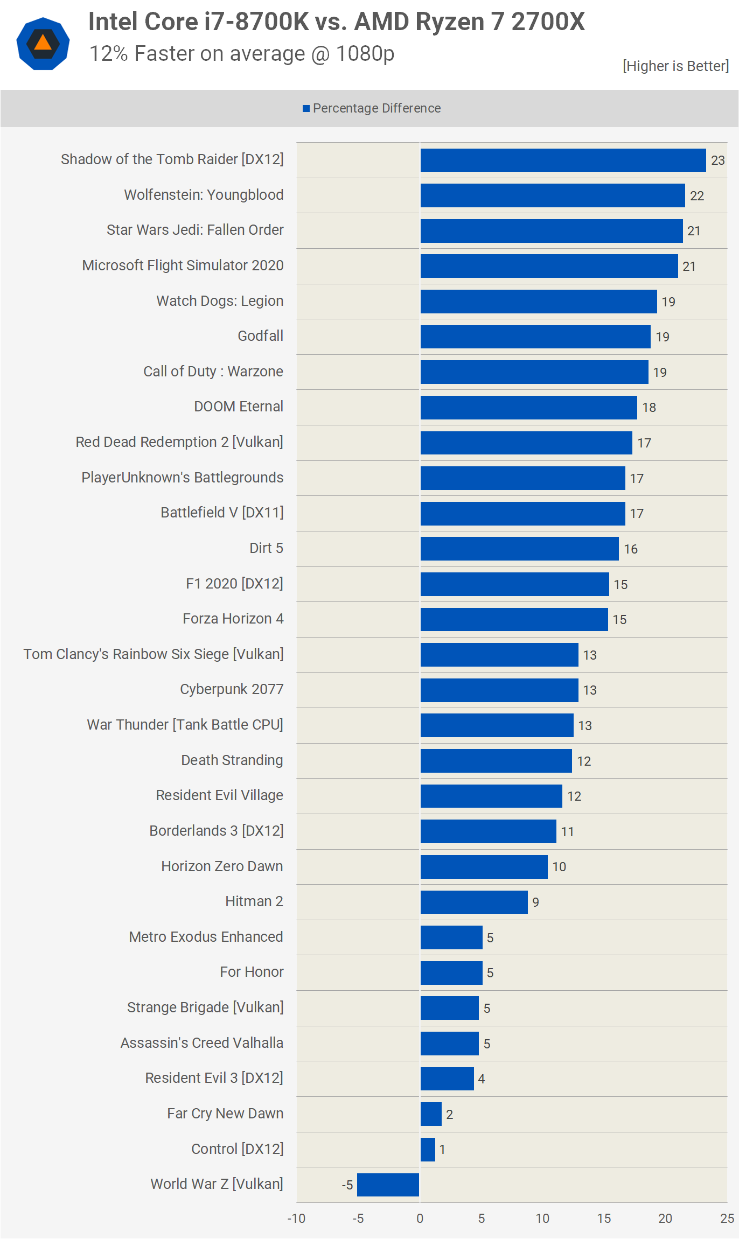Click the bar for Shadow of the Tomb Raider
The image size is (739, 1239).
click(x=563, y=160)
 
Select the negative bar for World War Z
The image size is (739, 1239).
click(x=388, y=1185)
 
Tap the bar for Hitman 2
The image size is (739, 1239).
click(x=474, y=902)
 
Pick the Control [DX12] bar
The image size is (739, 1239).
click(x=428, y=1149)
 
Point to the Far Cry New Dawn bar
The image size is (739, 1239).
click(x=431, y=1114)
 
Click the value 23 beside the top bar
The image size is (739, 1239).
click(x=718, y=160)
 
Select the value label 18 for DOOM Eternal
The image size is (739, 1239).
click(x=649, y=408)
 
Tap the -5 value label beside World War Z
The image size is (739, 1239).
click(x=347, y=1185)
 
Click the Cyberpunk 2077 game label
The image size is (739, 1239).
click(x=232, y=689)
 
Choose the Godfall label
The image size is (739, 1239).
click(x=261, y=336)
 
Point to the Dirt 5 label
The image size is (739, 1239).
click(x=266, y=548)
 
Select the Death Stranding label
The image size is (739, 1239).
click(x=232, y=760)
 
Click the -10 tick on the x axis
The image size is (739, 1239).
click(x=296, y=1219)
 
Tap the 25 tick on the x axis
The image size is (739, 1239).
click(x=727, y=1219)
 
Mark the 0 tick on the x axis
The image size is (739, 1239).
click(x=420, y=1219)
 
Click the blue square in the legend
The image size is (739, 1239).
click(x=306, y=109)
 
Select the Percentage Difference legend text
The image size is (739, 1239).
click(x=377, y=108)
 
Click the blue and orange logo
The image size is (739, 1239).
click(x=43, y=44)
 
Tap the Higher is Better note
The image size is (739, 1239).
click(x=676, y=66)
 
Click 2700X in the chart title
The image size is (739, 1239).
click(x=548, y=22)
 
